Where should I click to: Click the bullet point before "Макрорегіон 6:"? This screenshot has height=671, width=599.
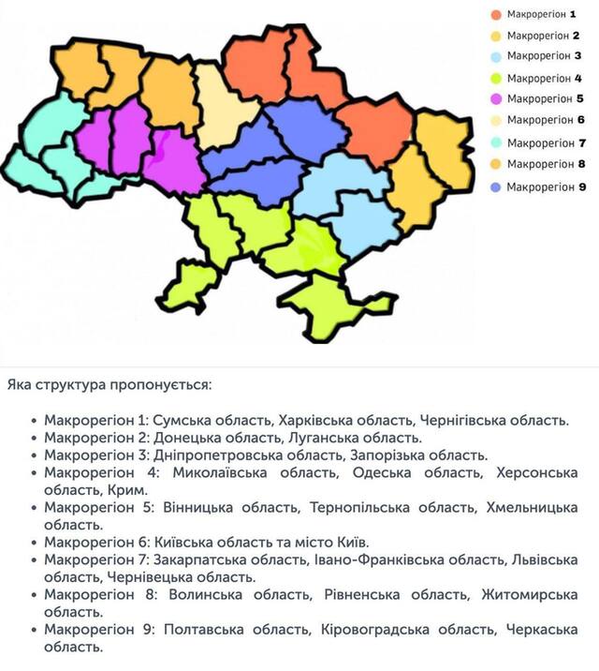point(35,543)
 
